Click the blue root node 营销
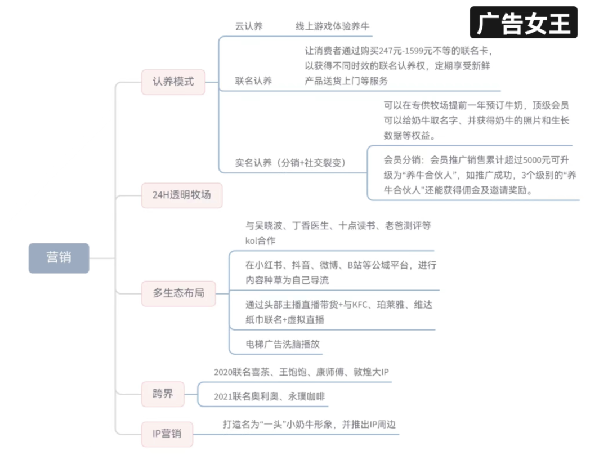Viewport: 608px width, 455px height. (x=59, y=258)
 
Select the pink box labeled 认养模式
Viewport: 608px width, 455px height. (x=173, y=82)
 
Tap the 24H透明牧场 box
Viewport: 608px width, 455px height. (x=181, y=195)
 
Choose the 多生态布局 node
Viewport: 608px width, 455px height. (x=178, y=293)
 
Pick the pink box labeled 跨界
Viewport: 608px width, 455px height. (x=163, y=394)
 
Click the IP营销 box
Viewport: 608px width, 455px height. (x=167, y=434)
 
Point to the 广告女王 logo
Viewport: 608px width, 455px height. (x=524, y=23)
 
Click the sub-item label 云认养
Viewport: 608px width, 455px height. (x=249, y=26)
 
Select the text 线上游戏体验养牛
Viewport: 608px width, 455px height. (x=332, y=26)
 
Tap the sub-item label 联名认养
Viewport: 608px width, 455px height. (x=253, y=81)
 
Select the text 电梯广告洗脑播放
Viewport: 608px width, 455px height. (x=283, y=344)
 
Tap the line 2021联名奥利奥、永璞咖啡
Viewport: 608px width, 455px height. (x=270, y=396)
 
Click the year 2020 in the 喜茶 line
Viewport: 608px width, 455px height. (x=223, y=372)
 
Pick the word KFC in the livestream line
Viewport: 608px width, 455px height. (x=359, y=305)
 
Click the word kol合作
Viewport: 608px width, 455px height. (x=260, y=241)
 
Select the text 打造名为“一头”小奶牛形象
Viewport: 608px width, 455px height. (x=278, y=425)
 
